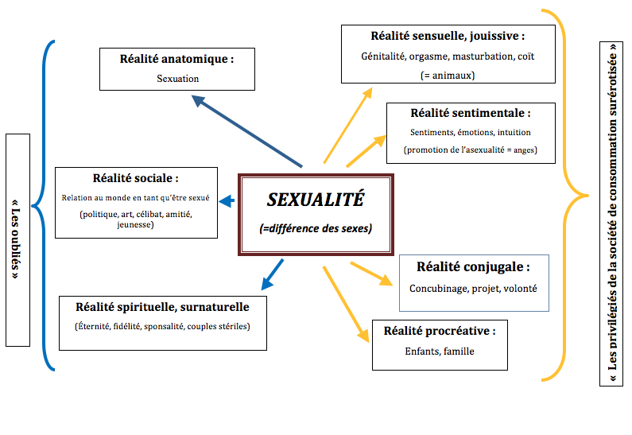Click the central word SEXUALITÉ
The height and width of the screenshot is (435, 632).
point(316,200)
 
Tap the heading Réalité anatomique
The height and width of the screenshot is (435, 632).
point(176,59)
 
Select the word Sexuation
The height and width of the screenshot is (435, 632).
point(178,79)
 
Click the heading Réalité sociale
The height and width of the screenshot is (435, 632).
point(135,178)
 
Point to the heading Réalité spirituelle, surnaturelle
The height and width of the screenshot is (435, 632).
point(162,307)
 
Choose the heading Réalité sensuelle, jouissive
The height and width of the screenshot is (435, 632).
point(448,36)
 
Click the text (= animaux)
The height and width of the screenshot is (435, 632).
point(448,76)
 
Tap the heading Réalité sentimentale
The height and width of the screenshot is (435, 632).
point(471,113)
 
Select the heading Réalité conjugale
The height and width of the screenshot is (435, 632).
point(473,267)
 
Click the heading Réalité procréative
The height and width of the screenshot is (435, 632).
point(440,331)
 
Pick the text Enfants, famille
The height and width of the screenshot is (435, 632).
point(440,351)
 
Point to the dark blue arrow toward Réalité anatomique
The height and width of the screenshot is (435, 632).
point(246,130)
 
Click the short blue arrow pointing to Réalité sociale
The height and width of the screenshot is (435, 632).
point(227,200)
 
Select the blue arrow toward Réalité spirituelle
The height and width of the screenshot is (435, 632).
point(273,274)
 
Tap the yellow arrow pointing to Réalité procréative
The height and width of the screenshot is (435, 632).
point(346,304)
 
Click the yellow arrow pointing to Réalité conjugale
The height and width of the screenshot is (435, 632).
point(371,274)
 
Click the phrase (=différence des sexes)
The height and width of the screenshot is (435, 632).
point(316,228)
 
